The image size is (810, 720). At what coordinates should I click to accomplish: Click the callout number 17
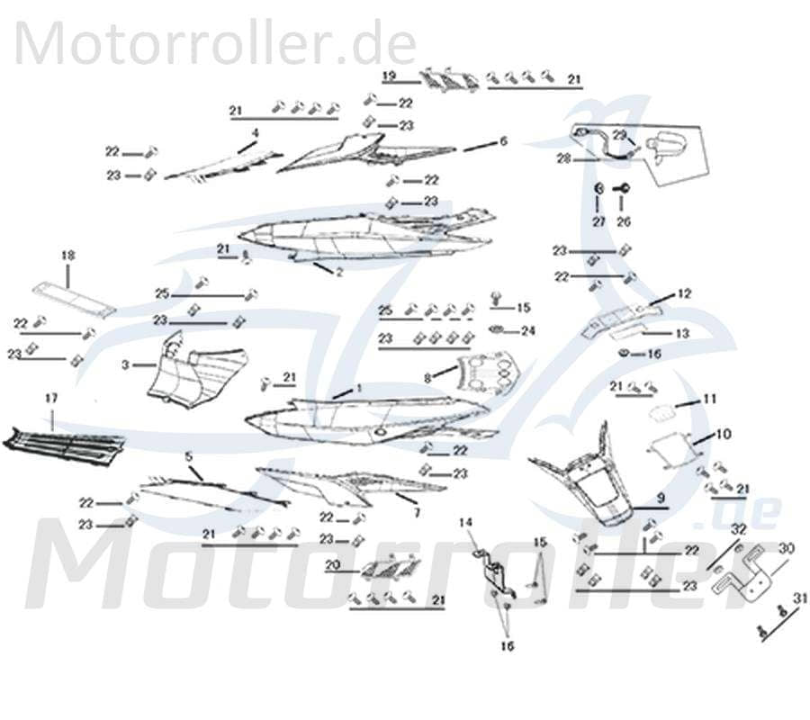50,397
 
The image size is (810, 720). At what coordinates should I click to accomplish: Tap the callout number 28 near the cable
563,159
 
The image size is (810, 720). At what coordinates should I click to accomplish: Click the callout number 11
709,399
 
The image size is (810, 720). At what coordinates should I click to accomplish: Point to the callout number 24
528,331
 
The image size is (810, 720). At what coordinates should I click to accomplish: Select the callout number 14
465,522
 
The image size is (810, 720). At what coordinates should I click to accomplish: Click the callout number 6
503,141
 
